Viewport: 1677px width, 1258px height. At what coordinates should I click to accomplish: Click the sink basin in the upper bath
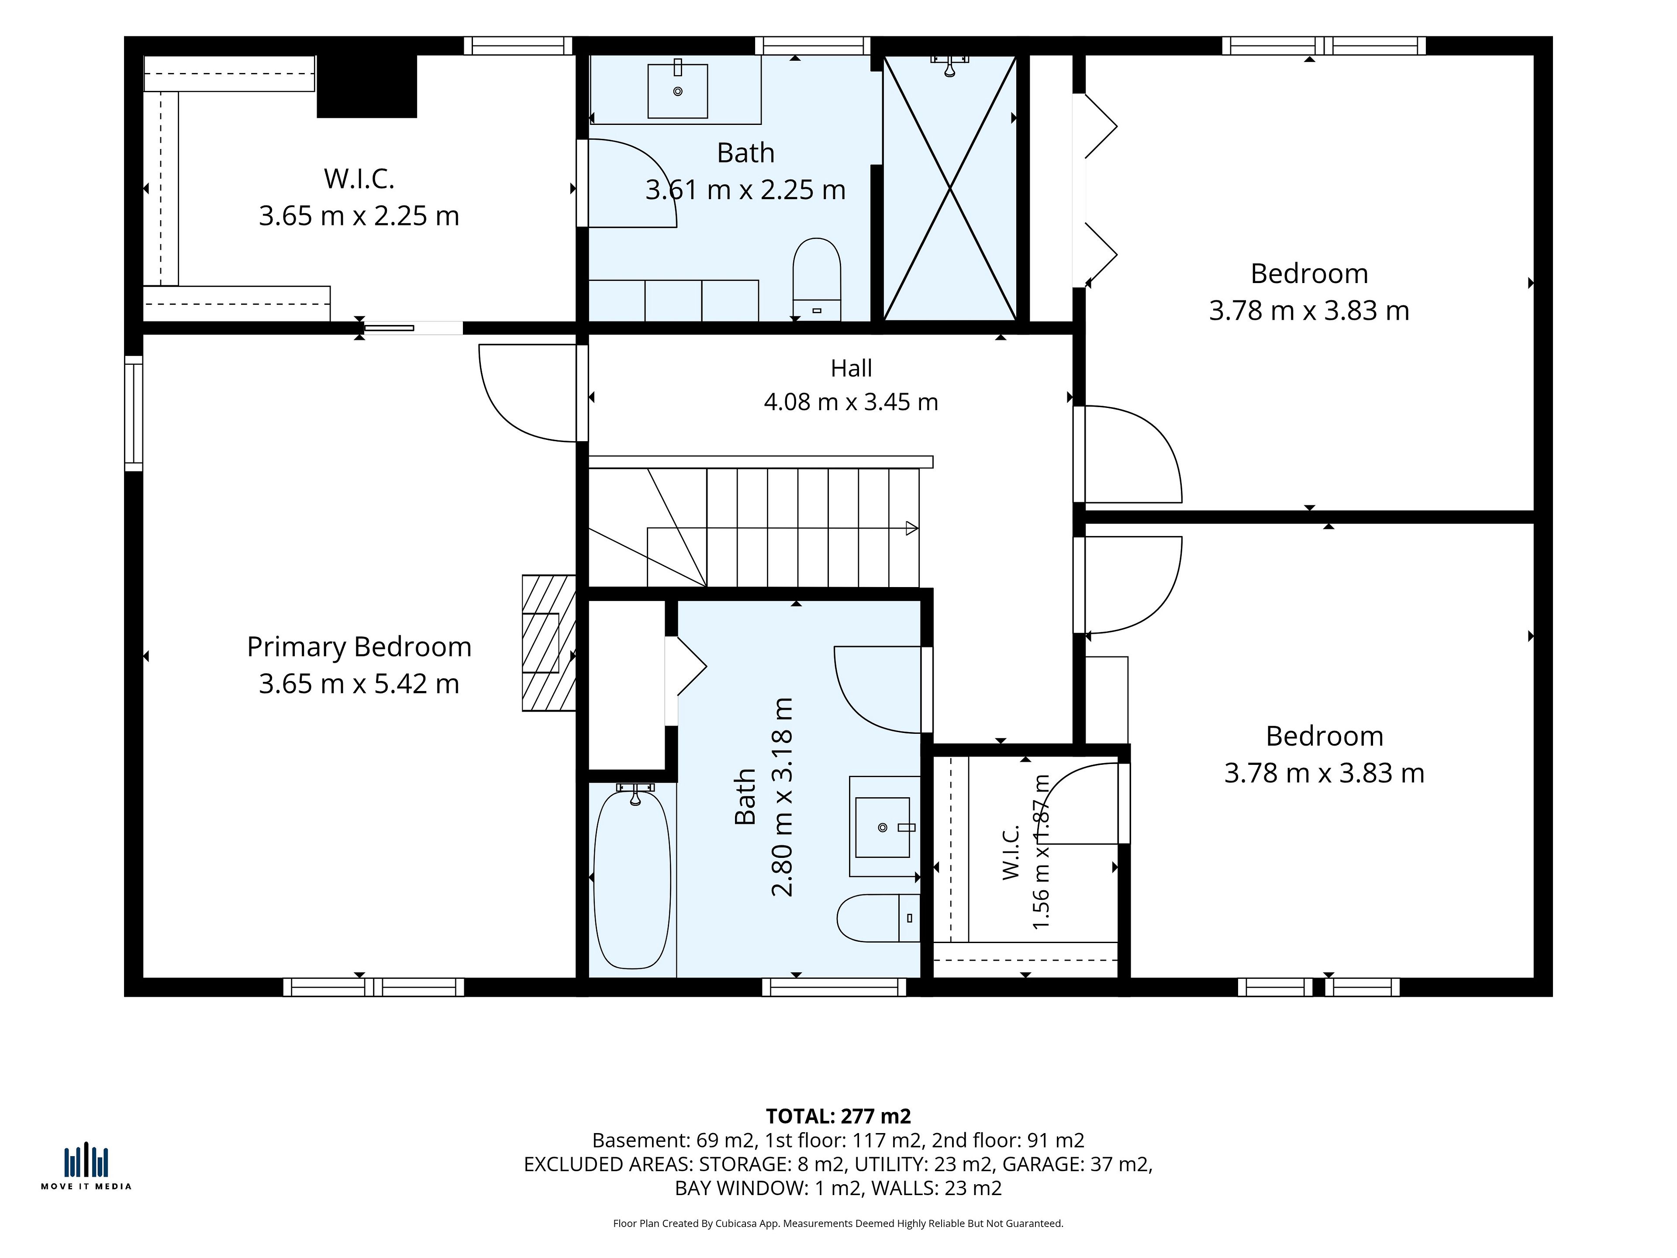pyautogui.click(x=678, y=91)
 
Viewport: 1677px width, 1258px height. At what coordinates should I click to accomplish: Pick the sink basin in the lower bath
pyautogui.click(x=883, y=827)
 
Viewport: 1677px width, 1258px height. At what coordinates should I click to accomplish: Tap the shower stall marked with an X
pyautogui.click(x=950, y=188)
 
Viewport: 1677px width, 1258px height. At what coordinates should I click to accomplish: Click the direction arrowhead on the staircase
pyautogui.click(x=912, y=529)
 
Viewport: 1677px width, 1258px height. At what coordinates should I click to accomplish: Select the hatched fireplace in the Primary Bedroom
pyautogui.click(x=548, y=643)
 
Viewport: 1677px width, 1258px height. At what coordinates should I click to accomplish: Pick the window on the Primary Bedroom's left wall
pyautogui.click(x=134, y=413)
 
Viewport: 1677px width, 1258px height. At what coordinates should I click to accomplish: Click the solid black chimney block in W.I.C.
pyautogui.click(x=367, y=86)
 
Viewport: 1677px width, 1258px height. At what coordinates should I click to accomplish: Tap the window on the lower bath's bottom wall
pyautogui.click(x=834, y=987)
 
